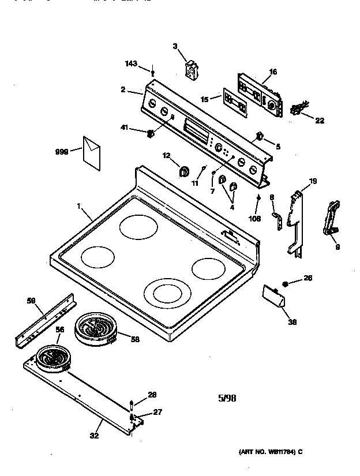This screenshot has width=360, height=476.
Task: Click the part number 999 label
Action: (62, 152)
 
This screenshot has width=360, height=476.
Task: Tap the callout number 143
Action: (131, 64)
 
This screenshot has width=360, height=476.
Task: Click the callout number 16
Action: (272, 72)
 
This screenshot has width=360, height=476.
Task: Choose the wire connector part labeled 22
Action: (297, 108)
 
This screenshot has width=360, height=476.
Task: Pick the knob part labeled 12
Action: (185, 171)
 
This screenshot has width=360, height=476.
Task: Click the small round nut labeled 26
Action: (286, 283)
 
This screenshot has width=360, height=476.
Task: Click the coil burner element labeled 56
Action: (53, 358)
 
